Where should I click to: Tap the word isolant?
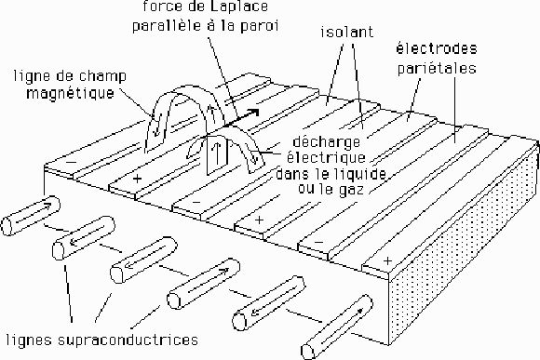coord(347,32)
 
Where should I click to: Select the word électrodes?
coord(437,48)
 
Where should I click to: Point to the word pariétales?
coord(437,68)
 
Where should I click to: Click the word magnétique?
coord(70,93)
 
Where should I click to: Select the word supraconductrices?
coord(128,340)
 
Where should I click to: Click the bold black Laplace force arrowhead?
coord(253,113)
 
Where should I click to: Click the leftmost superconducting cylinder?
coord(31,216)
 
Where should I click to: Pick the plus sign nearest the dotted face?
coord(388,261)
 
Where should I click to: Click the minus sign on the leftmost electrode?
coord(71,162)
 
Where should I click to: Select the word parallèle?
coord(168,26)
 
